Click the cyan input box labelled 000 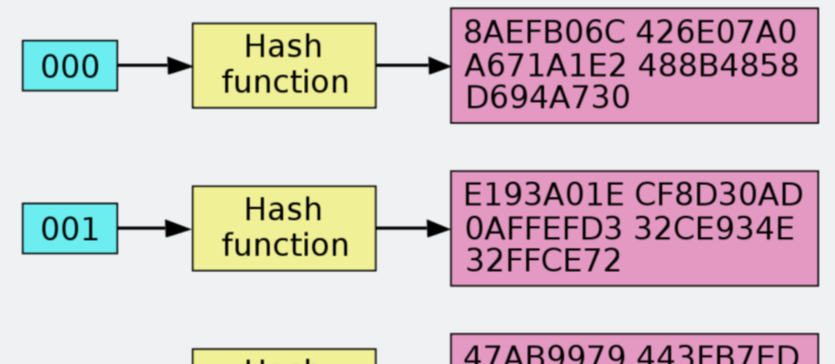pos(69,66)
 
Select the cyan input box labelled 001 pos(69,229)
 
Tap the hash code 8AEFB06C pos(545,33)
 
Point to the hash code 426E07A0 pos(715,33)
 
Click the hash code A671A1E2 pos(545,66)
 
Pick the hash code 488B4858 pos(717,66)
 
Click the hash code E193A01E pos(545,196)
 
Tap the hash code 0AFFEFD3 pos(545,229)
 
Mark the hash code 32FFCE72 pos(543,261)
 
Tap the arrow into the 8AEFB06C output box pos(413,66)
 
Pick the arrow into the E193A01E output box pos(413,229)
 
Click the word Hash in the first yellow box pos(284,47)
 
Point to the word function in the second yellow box pos(285,245)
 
